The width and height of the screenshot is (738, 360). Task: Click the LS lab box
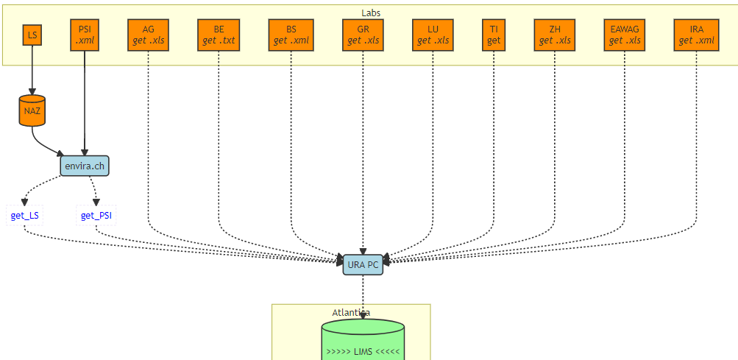32,35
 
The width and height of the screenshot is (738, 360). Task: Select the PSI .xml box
85,35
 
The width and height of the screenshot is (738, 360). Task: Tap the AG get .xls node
149,35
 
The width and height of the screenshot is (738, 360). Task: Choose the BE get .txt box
219,35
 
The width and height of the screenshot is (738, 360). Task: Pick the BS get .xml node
291,35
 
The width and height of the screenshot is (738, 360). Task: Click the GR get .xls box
363,35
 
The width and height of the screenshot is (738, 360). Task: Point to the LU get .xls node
433,35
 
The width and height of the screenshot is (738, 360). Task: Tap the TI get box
494,35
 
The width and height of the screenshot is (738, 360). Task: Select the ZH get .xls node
555,35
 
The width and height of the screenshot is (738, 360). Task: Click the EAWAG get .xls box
625,35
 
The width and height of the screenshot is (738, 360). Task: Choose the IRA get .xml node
697,35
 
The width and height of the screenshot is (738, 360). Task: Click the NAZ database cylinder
32,110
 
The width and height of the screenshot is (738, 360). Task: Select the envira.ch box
85,166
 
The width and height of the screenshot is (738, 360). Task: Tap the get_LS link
25,216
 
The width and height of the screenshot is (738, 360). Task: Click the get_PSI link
96,216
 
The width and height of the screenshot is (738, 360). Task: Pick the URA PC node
363,265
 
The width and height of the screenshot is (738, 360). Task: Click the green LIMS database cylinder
363,342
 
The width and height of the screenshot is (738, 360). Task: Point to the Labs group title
371,13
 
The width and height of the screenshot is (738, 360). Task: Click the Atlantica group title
351,312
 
